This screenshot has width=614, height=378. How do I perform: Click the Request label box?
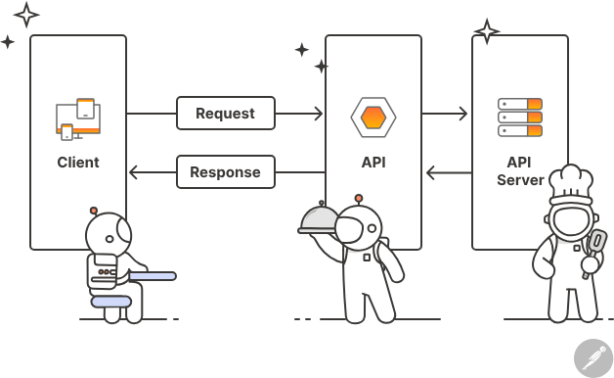pos(225,114)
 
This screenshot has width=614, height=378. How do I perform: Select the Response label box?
pos(225,172)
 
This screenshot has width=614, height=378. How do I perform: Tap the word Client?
pos(78,162)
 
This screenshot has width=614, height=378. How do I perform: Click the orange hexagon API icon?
pos(373,118)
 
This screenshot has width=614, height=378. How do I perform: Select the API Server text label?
pos(519,170)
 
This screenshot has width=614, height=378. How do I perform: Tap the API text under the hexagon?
pos(373,162)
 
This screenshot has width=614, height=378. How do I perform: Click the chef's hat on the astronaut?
pos(570,182)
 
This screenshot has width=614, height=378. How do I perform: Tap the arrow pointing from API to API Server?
pos(446,114)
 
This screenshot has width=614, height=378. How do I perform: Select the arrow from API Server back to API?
pos(446,173)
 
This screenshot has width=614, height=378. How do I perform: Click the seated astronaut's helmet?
pos(108,235)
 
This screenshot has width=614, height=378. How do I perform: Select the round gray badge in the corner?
pos(592,357)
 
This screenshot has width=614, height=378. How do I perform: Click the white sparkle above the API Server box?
pos(486,31)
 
